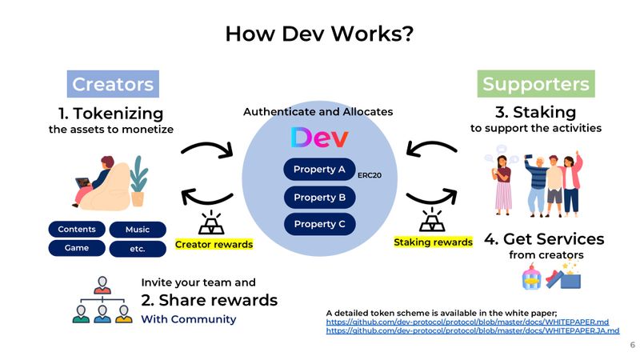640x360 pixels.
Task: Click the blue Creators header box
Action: coord(113,84)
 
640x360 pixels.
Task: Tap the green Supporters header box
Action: coord(535,84)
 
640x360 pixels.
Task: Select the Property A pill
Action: coord(319,170)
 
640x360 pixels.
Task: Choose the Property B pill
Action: coord(319,197)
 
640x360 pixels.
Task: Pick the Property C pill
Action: coord(319,224)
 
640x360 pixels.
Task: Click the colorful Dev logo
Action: coord(319,138)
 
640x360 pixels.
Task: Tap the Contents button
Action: coord(77,230)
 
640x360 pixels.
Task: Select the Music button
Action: coord(138,230)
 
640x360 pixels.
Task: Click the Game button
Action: coord(77,248)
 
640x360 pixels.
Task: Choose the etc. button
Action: coord(138,249)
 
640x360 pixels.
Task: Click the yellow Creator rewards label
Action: coord(214,244)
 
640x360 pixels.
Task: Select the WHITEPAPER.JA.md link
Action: coord(473,330)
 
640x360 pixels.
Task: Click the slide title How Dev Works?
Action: coord(319,34)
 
